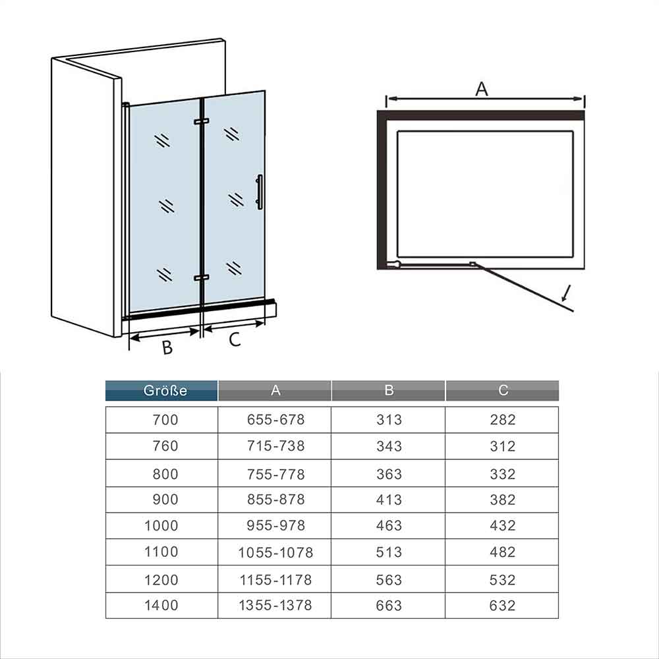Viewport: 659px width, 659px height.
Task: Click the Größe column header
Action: (165, 390)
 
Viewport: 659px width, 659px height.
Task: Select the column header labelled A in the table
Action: (275, 390)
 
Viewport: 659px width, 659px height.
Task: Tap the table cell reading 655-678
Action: (275, 419)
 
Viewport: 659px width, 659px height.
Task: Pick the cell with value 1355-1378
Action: (275, 605)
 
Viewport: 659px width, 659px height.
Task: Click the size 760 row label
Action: (165, 446)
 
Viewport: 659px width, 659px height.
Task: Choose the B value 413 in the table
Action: (389, 500)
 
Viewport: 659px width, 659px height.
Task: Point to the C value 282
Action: (503, 419)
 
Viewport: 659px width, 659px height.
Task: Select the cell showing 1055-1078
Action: (275, 552)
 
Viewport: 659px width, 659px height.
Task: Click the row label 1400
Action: (161, 605)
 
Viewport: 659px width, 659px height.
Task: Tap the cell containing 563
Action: (389, 580)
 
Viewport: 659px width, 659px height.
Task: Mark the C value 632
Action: (502, 606)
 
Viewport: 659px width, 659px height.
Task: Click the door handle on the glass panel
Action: (259, 192)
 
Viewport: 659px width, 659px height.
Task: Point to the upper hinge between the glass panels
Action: (201, 121)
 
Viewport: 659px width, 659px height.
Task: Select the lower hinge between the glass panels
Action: (201, 278)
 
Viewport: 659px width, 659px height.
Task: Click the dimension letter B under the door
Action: (167, 347)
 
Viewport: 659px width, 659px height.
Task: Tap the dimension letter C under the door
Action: (235, 339)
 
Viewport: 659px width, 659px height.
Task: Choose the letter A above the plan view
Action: (482, 89)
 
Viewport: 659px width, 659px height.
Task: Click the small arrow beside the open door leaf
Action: (566, 293)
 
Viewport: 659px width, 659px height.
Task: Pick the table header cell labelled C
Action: (503, 390)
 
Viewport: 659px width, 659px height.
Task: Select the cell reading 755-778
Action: (275, 474)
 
